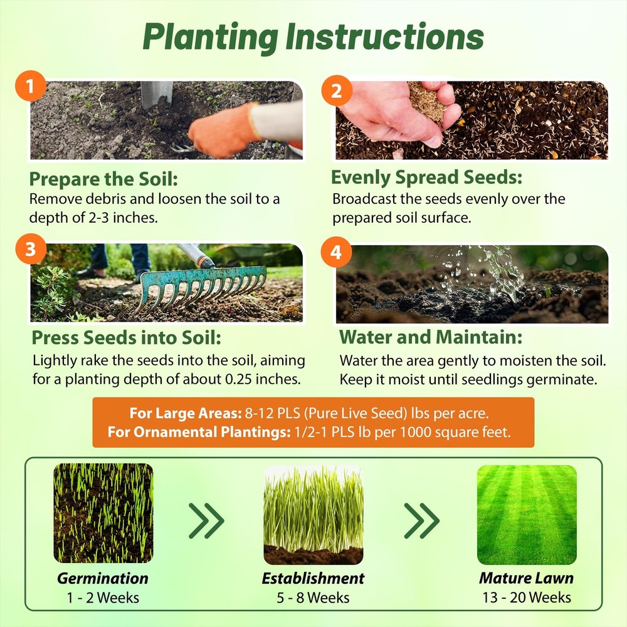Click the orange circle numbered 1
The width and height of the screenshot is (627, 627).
click(x=30, y=86)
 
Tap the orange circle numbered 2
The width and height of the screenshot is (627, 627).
click(x=337, y=90)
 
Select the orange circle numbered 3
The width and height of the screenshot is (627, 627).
click(x=31, y=249)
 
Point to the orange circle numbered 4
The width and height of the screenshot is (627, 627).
click(x=336, y=252)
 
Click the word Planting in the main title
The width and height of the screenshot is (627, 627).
click(x=210, y=38)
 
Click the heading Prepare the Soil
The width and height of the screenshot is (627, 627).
click(x=103, y=179)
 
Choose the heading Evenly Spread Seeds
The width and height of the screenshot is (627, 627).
click(x=426, y=177)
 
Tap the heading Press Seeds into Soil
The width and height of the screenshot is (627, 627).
click(x=127, y=337)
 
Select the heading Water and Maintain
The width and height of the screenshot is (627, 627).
click(x=431, y=337)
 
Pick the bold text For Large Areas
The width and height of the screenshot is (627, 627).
click(x=186, y=413)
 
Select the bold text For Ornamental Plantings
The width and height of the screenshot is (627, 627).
click(x=199, y=432)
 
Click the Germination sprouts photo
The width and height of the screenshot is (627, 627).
click(x=103, y=513)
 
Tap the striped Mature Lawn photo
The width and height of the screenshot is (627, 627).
click(x=527, y=515)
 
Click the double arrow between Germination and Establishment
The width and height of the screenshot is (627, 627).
click(x=206, y=520)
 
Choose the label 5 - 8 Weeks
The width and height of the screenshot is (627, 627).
click(x=313, y=598)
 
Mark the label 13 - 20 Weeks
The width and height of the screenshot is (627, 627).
click(x=527, y=598)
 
